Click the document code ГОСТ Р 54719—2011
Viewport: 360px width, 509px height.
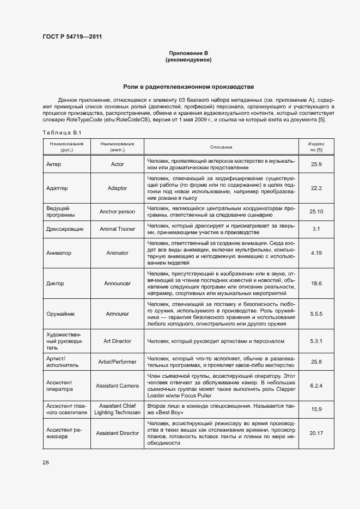[72, 37]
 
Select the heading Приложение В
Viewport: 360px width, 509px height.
[188, 53]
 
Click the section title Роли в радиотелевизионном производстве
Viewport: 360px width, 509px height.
[188, 87]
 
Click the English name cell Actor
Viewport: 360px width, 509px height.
[117, 164]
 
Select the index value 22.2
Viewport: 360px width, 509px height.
[316, 188]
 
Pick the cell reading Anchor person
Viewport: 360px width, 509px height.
[117, 211]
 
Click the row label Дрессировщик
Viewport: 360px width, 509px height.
[65, 229]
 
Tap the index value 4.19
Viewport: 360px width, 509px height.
[316, 253]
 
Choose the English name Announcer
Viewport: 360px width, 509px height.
[117, 283]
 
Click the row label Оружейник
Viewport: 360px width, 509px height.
[62, 314]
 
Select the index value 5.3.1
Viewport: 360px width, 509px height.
[316, 341]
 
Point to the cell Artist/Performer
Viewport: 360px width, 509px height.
[117, 361]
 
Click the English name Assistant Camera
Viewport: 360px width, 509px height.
[117, 385]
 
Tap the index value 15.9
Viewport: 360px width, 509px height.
[316, 409]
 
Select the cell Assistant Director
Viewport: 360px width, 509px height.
[117, 433]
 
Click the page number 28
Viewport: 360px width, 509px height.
[46, 462]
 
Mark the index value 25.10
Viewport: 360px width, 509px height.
[316, 211]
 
